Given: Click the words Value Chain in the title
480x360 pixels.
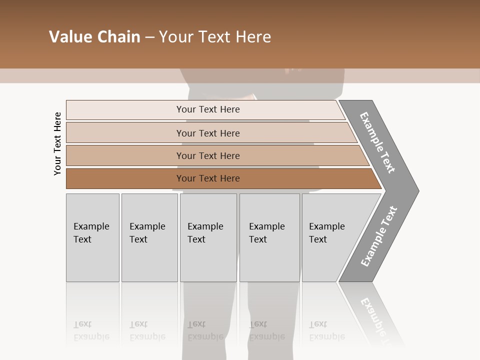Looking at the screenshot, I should pyautogui.click(x=94, y=37).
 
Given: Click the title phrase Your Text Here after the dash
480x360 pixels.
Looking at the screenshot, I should pyautogui.click(x=215, y=37).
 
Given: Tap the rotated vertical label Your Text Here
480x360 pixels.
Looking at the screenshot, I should pyautogui.click(x=58, y=143).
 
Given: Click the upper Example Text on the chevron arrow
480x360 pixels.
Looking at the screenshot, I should pyautogui.click(x=377, y=142).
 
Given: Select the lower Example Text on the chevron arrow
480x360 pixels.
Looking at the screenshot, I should pyautogui.click(x=379, y=236).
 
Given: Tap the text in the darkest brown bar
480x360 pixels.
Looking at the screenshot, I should pyautogui.click(x=208, y=178).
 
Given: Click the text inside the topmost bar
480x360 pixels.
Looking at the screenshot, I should pyautogui.click(x=208, y=109).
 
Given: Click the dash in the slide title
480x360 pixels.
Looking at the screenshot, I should pyautogui.click(x=149, y=37).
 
